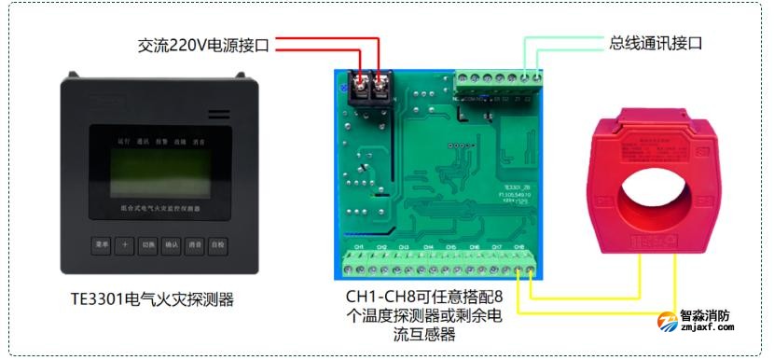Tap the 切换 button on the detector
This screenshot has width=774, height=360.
pyautogui.click(x=147, y=246)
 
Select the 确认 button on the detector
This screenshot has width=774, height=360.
pyautogui.click(x=171, y=246)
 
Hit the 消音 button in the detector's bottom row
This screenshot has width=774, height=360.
pyautogui.click(x=194, y=246)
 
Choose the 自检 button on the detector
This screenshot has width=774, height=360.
pyautogui.click(x=217, y=246)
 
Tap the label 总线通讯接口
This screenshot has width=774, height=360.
pyautogui.click(x=655, y=43)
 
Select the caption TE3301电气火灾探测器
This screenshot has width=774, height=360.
pyautogui.click(x=152, y=299)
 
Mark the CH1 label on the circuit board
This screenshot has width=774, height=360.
pyautogui.click(x=357, y=247)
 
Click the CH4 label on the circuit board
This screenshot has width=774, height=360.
pyautogui.click(x=427, y=247)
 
